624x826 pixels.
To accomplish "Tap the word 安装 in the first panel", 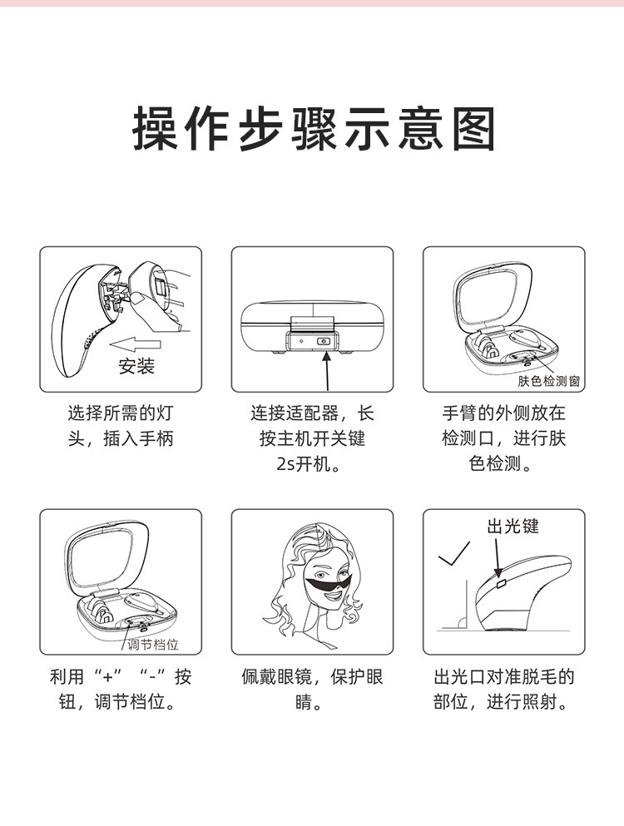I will [136, 366].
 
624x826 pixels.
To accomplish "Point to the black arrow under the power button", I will [328, 370].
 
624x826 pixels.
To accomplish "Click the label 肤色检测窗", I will [549, 381].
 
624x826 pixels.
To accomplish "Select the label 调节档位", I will [153, 645].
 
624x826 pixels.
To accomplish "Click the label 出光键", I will [513, 526].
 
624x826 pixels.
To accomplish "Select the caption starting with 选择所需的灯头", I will [121, 425].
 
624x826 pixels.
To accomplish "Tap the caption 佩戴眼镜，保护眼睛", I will [312, 690].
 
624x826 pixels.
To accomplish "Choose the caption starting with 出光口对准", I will [504, 690].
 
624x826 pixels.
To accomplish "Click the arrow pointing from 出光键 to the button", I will [497, 554].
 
